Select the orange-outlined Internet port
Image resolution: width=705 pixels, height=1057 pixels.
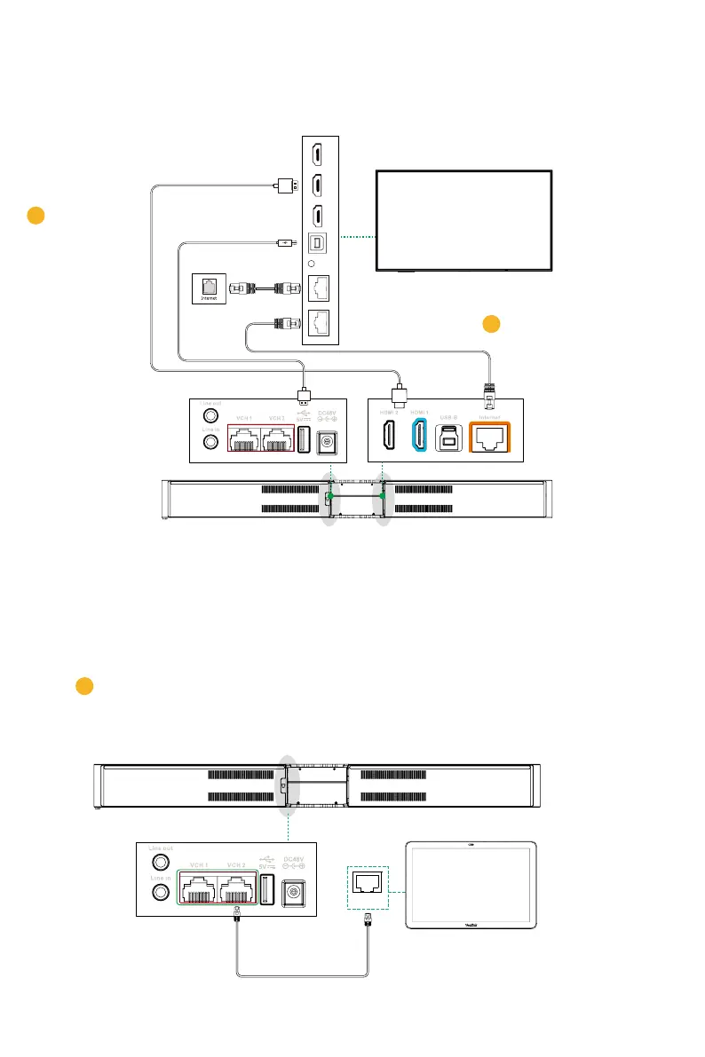pyautogui.click(x=490, y=436)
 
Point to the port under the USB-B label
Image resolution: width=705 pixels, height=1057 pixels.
pyautogui.click(x=449, y=435)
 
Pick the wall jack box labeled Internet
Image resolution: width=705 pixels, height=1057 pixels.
pyautogui.click(x=210, y=288)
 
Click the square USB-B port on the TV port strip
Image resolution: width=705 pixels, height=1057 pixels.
pyautogui.click(x=316, y=241)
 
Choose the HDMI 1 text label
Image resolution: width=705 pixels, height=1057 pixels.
pyautogui.click(x=418, y=410)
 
